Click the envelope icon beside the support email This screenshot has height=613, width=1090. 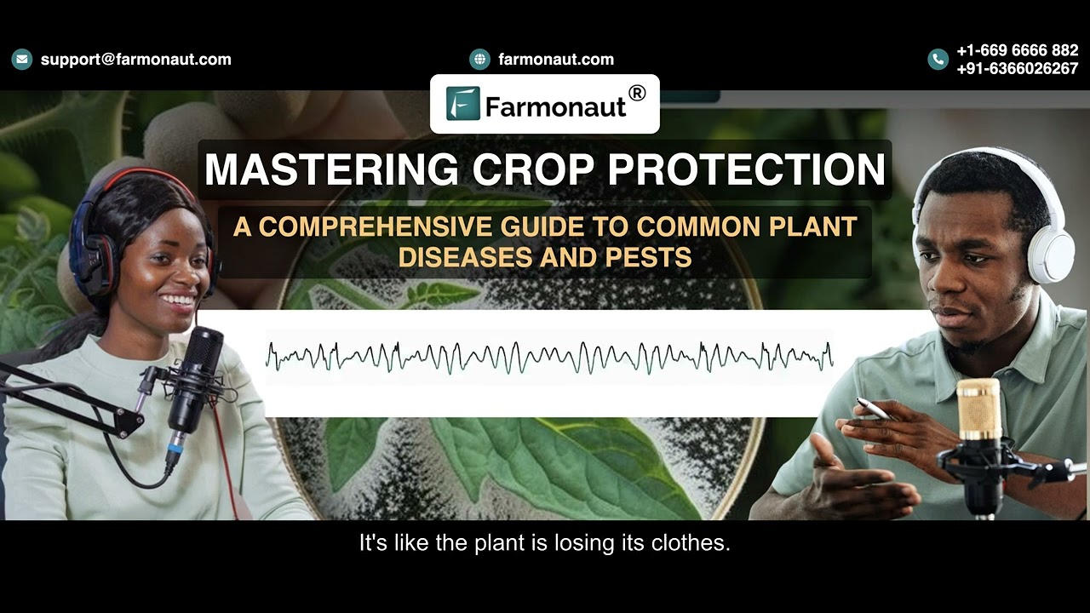[x=22, y=60]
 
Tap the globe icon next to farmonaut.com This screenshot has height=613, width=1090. [x=480, y=60]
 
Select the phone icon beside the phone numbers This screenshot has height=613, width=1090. [x=938, y=60]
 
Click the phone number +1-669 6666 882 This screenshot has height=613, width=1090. [x=1017, y=51]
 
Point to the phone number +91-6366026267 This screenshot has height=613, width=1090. [x=1017, y=69]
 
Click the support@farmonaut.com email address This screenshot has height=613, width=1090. [x=136, y=60]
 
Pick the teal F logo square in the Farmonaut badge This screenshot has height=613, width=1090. [x=462, y=104]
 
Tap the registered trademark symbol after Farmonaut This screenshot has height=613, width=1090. [x=636, y=93]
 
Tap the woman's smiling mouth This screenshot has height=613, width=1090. [x=178, y=301]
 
